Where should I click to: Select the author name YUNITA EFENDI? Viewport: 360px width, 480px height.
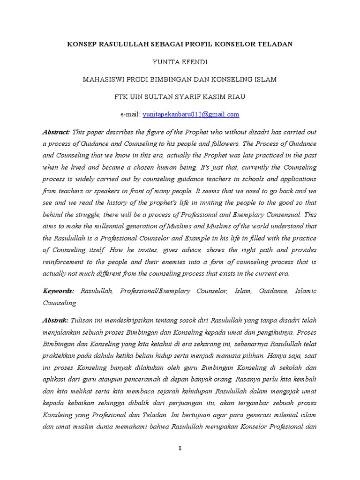(x=180, y=61)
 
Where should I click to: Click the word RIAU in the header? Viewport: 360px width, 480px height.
(x=234, y=97)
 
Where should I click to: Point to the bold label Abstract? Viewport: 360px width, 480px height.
(x=56, y=132)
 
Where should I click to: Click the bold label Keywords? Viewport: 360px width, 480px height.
(x=59, y=291)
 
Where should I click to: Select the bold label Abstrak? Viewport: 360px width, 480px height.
(x=56, y=321)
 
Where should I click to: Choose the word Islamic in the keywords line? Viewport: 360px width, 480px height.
(x=306, y=291)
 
